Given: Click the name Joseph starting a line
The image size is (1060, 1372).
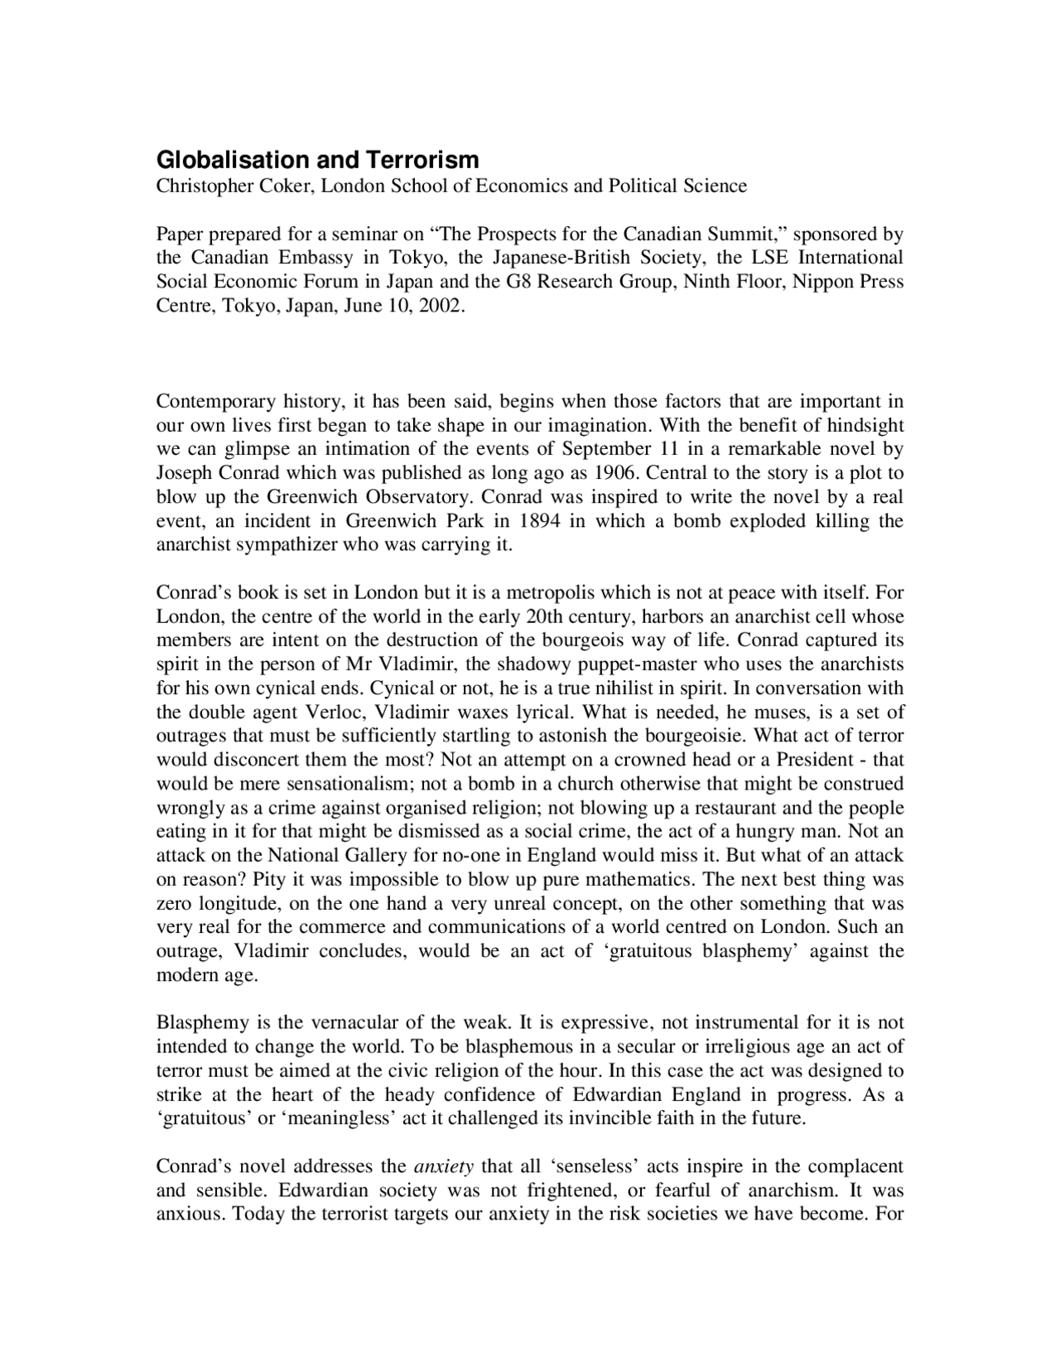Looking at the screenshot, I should (x=184, y=473).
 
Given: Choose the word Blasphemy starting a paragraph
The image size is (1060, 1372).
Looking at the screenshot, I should (x=195, y=1023).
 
